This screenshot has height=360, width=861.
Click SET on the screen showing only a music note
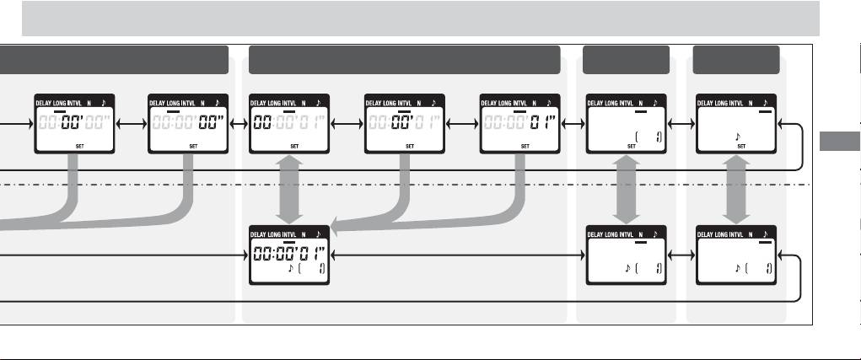tap(741, 145)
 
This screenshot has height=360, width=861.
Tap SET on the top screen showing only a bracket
tap(630, 145)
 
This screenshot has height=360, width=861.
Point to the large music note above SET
tap(738, 135)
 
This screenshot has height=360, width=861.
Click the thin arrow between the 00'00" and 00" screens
tap(129, 123)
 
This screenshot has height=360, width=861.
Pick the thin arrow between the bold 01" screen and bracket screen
tap(568, 123)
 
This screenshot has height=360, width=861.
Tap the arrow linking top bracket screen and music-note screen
tap(680, 123)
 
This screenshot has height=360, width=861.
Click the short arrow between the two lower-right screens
tap(680, 254)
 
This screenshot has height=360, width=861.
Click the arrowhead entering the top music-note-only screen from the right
tap(783, 123)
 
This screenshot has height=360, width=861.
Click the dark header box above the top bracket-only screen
tap(626, 60)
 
